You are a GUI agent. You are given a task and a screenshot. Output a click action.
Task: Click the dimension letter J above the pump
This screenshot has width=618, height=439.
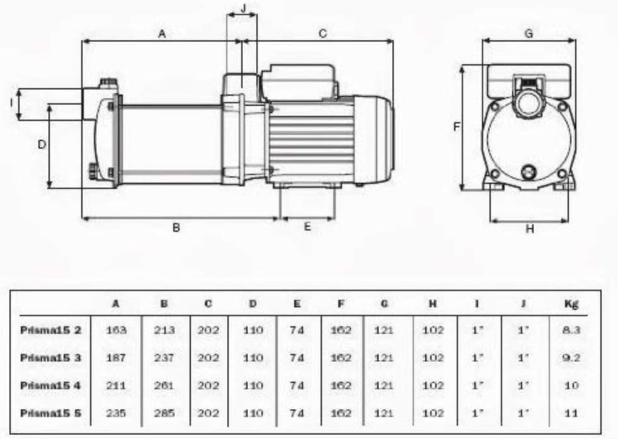(243, 8)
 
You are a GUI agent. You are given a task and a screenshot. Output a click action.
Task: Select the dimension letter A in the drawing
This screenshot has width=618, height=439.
(162, 34)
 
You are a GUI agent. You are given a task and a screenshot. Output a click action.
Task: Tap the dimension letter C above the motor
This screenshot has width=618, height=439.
(323, 33)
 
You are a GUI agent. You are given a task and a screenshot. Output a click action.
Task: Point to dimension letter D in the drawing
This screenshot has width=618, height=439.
(42, 145)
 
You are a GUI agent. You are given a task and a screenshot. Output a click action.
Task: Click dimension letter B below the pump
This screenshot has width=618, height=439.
(176, 227)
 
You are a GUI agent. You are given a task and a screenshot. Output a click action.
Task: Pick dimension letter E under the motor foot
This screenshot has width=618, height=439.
(307, 226)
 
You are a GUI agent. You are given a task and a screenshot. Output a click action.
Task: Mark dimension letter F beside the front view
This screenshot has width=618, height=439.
(456, 127)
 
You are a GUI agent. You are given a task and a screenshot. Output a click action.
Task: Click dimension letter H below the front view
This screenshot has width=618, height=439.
(530, 229)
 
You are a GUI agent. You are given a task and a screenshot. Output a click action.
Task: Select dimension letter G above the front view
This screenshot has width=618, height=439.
(529, 33)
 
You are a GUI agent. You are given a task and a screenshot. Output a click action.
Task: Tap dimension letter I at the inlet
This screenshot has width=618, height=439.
(12, 103)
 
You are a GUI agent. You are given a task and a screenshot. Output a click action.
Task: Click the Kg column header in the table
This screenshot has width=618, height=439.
(571, 304)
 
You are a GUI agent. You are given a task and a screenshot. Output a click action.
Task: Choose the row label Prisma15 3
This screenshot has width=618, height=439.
(50, 358)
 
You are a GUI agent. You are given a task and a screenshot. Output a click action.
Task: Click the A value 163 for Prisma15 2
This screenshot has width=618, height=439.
(116, 330)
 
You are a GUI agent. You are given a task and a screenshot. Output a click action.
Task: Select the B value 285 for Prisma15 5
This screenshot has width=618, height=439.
(164, 413)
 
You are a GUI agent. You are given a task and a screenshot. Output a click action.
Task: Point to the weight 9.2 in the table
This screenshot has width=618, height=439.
(571, 358)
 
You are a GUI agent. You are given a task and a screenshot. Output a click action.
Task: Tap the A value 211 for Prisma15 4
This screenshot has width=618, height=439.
(116, 385)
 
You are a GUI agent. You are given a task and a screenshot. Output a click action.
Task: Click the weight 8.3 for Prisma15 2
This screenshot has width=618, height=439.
(571, 330)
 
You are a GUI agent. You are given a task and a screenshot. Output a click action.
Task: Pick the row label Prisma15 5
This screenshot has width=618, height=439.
(50, 413)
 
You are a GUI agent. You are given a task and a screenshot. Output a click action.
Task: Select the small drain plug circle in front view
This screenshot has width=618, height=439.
(528, 172)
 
